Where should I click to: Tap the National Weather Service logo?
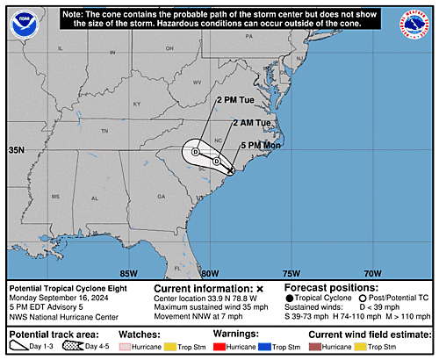[412, 25]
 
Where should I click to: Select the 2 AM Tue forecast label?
[251, 122]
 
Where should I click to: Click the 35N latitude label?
[17, 151]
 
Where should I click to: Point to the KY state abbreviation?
[136, 104]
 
